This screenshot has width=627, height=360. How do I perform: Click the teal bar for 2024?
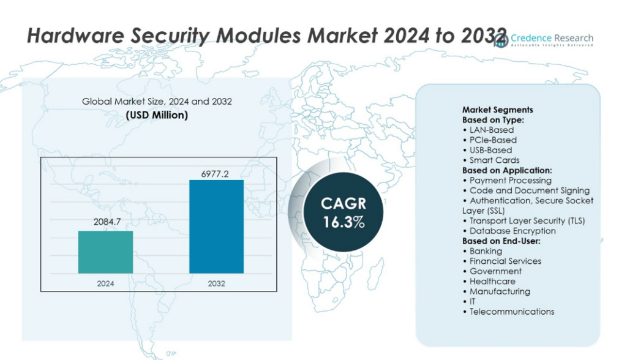click(105, 252)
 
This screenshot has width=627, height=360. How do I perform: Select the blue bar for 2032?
click(216, 227)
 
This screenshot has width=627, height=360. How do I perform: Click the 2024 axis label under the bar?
click(105, 283)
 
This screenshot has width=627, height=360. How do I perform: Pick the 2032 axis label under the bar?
click(216, 283)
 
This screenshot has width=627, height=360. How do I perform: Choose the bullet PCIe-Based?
click(492, 140)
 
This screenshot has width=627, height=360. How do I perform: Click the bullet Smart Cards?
click(494, 160)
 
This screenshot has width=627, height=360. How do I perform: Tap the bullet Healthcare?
click(492, 281)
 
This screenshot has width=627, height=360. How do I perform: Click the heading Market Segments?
click(497, 110)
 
